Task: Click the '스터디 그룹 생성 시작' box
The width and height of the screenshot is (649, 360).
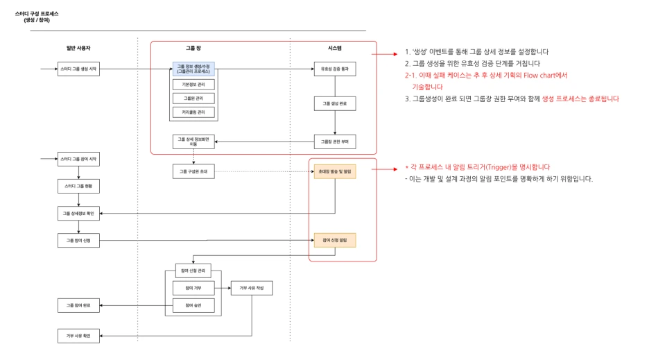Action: [78, 69]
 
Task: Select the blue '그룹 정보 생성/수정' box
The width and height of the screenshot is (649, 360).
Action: [193, 69]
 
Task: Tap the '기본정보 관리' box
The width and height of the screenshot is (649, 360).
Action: [193, 85]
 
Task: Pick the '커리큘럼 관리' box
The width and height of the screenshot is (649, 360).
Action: [193, 112]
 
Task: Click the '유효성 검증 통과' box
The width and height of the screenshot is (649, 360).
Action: [334, 69]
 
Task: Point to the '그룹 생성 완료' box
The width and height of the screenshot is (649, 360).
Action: [334, 103]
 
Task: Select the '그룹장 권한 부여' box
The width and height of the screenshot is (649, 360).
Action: [334, 142]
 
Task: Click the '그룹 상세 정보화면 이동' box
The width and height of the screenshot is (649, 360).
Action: [193, 142]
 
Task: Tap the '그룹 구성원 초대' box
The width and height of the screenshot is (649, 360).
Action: [193, 171]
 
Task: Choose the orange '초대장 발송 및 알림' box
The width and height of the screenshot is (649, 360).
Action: [334, 171]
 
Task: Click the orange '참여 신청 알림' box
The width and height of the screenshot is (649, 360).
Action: [334, 240]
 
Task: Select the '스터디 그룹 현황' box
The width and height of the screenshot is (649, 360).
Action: [78, 187]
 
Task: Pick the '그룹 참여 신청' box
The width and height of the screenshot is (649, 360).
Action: [78, 240]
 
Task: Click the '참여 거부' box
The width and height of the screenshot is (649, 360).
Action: [193, 287]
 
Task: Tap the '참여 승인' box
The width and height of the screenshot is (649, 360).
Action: [193, 305]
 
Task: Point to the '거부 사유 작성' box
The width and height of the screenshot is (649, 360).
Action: [251, 287]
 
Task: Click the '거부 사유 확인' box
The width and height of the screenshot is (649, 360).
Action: [78, 336]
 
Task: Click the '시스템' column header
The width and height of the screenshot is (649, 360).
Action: [334, 47]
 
